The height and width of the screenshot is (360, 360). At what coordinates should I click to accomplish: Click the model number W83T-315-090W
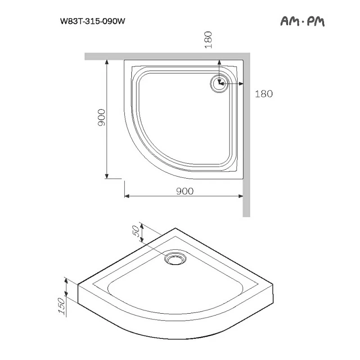(92, 21)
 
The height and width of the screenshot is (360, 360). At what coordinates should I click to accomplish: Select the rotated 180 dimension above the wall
(208, 40)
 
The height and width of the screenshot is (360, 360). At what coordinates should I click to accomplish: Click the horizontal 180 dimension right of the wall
(264, 94)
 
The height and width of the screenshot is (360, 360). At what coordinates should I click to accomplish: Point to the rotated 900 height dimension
(102, 118)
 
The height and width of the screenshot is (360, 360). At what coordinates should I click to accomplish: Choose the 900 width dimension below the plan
(184, 191)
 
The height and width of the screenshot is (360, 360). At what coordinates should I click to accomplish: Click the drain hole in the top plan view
(219, 83)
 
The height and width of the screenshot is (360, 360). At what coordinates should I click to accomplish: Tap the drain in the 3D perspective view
(175, 258)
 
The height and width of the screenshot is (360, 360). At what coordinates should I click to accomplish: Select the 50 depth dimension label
(135, 232)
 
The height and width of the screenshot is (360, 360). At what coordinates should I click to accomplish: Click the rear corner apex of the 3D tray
(175, 229)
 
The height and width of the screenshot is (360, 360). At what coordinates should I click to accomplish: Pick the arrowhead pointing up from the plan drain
(219, 64)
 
